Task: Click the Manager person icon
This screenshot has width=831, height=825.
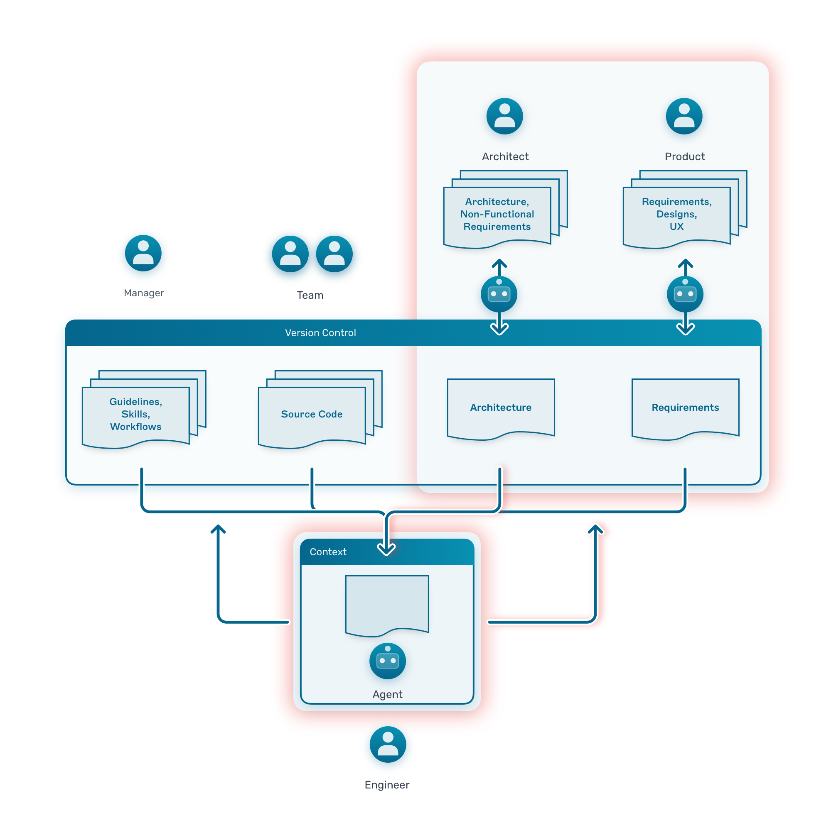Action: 143,253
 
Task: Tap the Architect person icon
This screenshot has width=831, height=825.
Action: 504,116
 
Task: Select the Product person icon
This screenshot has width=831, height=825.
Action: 683,116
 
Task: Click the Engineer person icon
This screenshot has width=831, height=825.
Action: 388,744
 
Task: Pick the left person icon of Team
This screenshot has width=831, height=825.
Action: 290,254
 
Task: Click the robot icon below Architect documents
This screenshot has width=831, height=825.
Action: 499,294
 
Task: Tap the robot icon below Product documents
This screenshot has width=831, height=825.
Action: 685,294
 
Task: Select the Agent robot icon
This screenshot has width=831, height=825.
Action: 387,660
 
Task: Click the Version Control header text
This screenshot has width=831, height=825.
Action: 320,332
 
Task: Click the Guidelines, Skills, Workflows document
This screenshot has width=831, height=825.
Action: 135,414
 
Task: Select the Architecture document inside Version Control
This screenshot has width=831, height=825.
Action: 500,408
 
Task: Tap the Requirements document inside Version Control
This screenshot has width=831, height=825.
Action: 685,408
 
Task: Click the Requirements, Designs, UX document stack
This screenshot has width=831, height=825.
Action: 676,214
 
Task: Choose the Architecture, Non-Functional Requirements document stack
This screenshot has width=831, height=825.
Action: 497,214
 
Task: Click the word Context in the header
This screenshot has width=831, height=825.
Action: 328,551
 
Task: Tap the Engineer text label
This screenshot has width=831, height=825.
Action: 387,784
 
